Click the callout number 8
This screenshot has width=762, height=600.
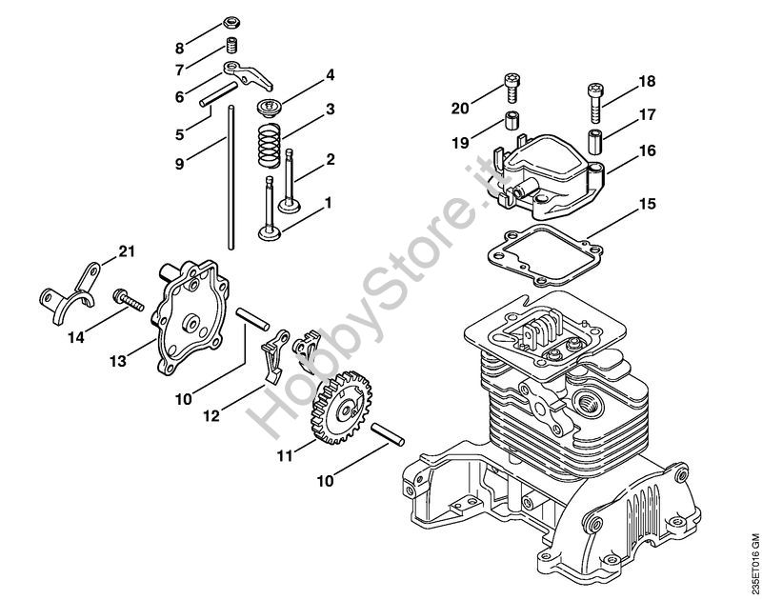(180, 49)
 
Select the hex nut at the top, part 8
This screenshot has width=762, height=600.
(231, 22)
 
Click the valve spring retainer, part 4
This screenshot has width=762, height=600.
(269, 108)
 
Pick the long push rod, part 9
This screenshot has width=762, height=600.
(231, 177)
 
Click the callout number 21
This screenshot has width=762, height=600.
(127, 251)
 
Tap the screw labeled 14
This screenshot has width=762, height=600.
(129, 300)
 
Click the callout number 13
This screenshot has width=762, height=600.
(118, 361)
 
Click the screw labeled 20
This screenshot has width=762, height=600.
(511, 88)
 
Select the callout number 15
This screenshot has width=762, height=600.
(648, 204)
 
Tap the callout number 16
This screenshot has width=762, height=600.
(648, 150)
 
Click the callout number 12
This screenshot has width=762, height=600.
(211, 416)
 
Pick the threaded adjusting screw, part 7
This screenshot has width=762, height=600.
(231, 46)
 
